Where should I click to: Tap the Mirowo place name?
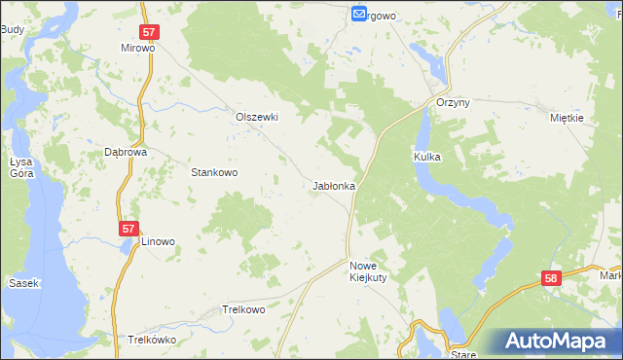point(138,48)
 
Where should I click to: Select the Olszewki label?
point(257,117)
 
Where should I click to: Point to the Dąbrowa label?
point(125,153)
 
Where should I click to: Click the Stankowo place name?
point(214,172)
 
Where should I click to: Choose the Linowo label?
point(158,241)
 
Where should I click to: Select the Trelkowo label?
point(243,309)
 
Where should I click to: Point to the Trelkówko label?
point(151,341)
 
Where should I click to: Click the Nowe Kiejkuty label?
point(369,270)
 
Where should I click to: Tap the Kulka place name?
point(428,156)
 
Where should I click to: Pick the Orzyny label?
point(454,104)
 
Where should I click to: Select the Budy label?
point(12,30)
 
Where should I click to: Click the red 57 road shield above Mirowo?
point(150,32)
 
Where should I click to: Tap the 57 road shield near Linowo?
point(129,229)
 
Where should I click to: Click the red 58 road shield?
point(552,279)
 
